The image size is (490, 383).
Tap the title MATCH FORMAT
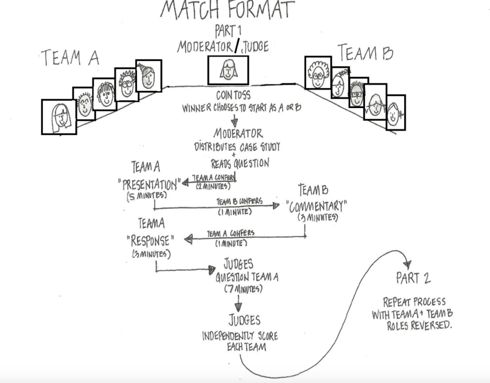(227, 10)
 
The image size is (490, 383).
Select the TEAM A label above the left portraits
(70, 58)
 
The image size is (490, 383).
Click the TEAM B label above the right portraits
(366, 54)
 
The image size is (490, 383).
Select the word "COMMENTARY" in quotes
(317, 206)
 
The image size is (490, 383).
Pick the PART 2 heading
(413, 279)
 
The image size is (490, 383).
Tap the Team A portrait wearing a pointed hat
(148, 75)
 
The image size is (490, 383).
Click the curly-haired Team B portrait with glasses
(318, 73)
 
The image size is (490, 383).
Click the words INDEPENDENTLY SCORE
(240, 337)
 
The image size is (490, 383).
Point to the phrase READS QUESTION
(240, 163)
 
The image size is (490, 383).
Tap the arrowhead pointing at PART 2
(407, 264)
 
